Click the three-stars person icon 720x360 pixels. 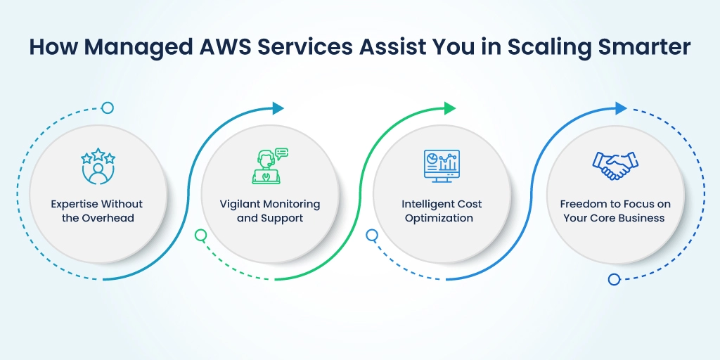pyautogui.click(x=98, y=166)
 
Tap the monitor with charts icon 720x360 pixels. pyautogui.click(x=442, y=166)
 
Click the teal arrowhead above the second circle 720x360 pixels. pyautogui.click(x=278, y=108)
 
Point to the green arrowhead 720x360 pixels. pyautogui.click(x=449, y=108)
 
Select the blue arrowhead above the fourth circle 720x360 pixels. pyautogui.click(x=621, y=108)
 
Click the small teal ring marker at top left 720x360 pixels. pyautogui.click(x=108, y=108)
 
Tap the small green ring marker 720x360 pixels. pyautogui.click(x=200, y=235)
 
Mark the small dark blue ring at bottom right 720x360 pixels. pyautogui.click(x=614, y=279)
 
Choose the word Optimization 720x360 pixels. pyautogui.click(x=439, y=219)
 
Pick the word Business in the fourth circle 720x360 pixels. pyautogui.click(x=644, y=218)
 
